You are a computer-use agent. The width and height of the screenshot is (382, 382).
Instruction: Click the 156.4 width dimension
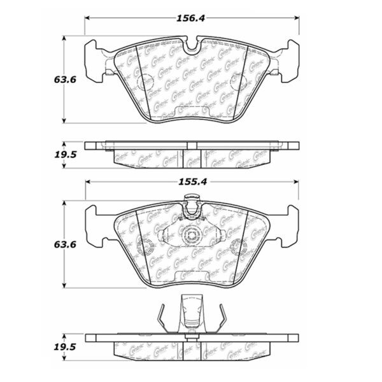coord(191,19)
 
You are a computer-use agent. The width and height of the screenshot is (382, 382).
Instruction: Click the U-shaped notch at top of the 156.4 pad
coord(192,46)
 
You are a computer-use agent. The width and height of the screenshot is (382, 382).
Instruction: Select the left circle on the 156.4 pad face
coord(146,81)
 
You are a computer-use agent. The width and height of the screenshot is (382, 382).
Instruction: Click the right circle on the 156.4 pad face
coord(237,81)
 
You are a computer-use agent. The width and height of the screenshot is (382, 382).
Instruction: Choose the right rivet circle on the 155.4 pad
coord(238,246)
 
